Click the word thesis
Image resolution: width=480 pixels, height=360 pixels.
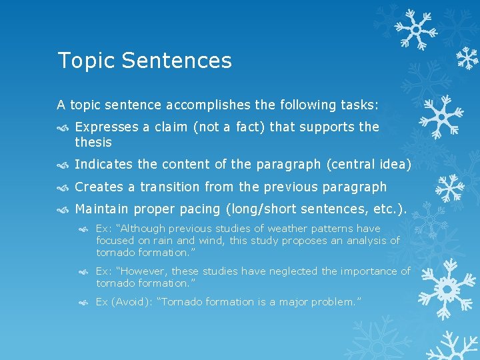[x=93, y=142]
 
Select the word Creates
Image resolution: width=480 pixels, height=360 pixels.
[x=97, y=187]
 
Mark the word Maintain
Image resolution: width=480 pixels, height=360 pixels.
[x=101, y=209]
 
